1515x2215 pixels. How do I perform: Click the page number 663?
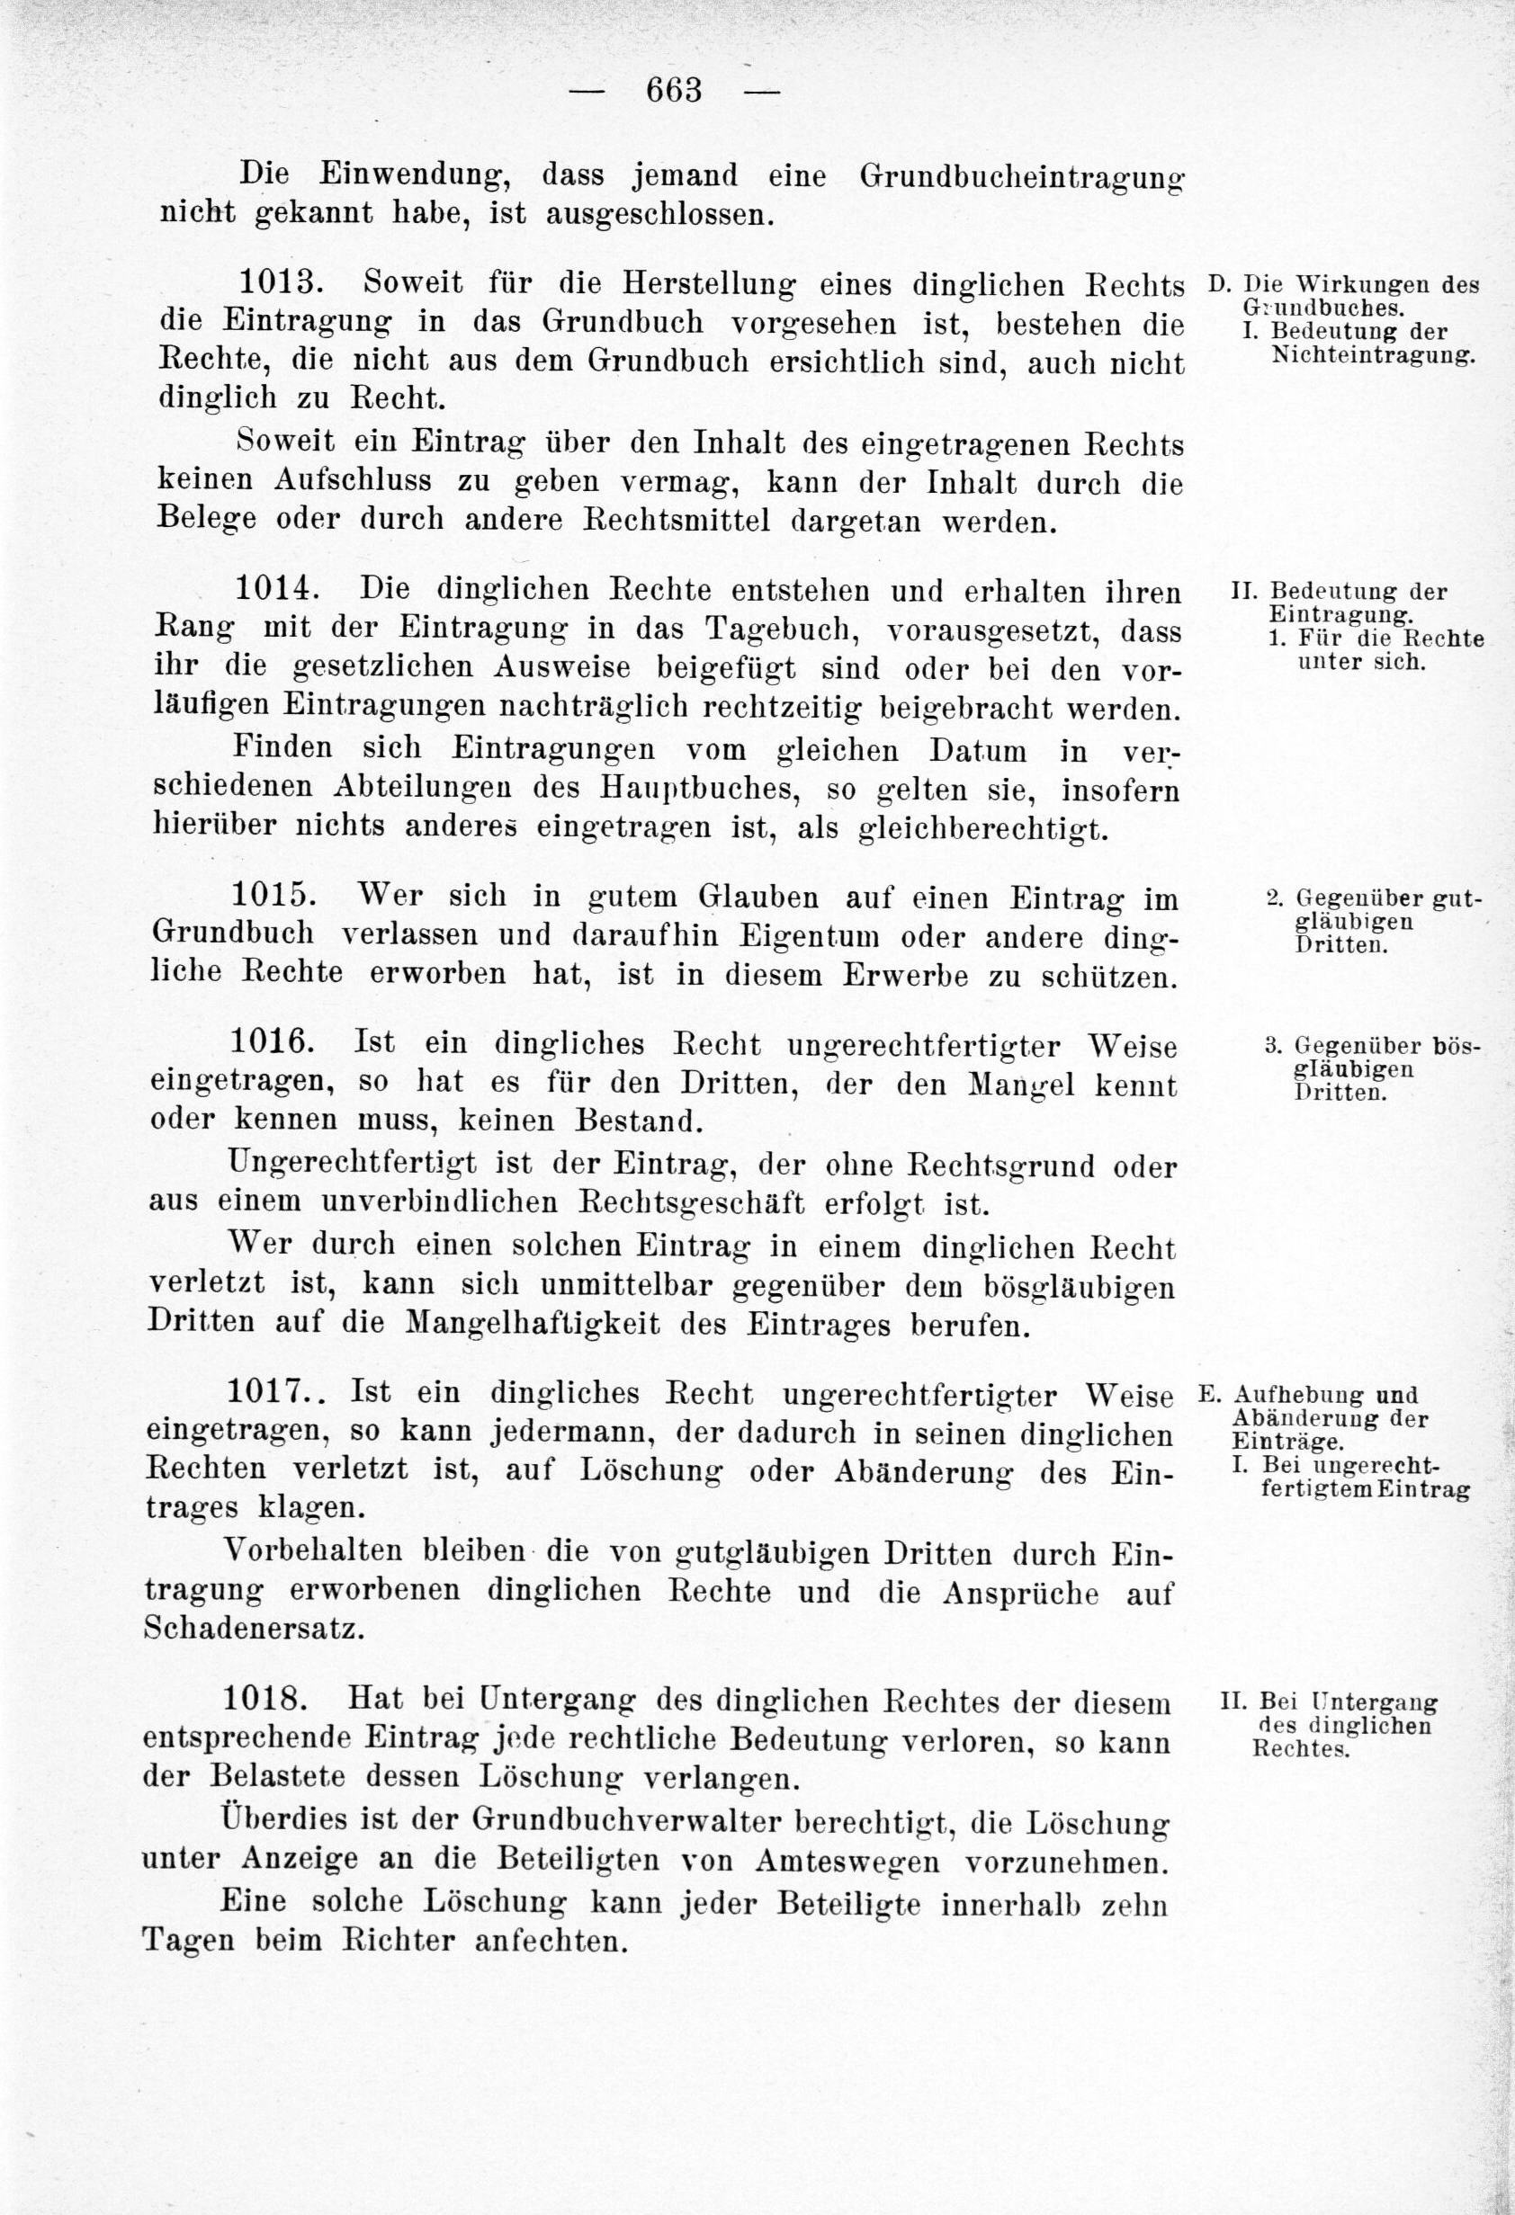(674, 92)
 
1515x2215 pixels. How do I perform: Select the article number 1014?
(274, 590)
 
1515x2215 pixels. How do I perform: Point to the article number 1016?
(272, 1042)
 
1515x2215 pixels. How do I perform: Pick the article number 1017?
(273, 1392)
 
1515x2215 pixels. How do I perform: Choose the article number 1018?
(267, 1698)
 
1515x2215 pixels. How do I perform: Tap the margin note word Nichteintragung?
(1373, 357)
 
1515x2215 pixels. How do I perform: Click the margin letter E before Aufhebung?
(1206, 1395)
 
